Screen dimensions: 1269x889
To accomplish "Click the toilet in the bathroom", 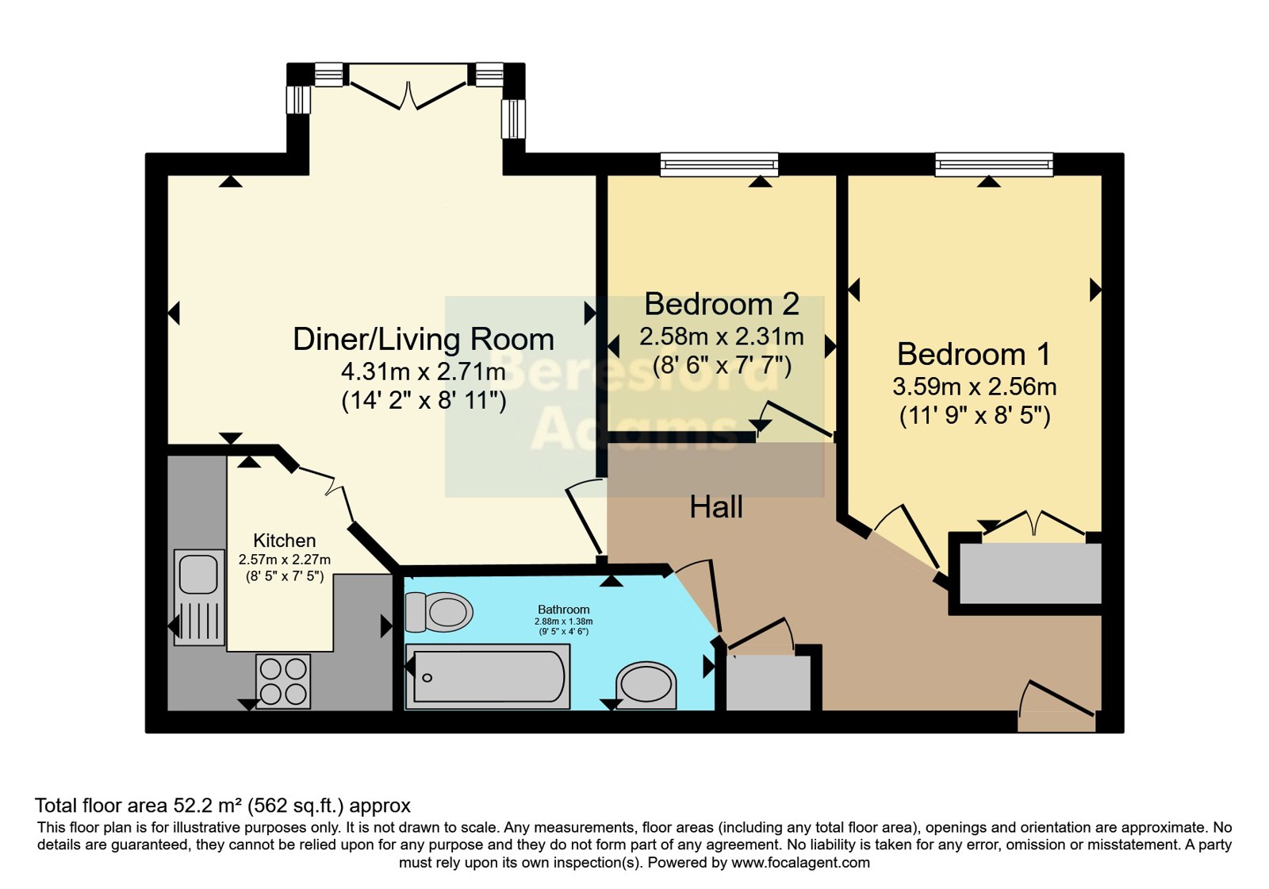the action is [x=439, y=612].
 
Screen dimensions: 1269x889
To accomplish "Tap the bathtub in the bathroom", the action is [x=488, y=676].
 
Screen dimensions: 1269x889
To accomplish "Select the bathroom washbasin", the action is [x=646, y=686].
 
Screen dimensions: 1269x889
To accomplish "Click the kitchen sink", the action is [x=199, y=597].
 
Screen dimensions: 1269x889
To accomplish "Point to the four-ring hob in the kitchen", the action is [x=283, y=682].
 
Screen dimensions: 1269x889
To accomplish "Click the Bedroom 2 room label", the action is [x=722, y=305].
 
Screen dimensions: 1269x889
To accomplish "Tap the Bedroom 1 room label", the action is [x=974, y=354].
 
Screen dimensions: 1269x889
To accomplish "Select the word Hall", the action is [x=716, y=507].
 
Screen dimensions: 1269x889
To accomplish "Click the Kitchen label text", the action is [x=285, y=541].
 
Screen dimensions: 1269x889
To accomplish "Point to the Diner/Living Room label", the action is [x=424, y=340].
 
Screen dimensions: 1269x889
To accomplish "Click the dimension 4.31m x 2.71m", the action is [x=424, y=372].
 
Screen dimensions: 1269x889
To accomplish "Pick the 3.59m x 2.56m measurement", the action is [x=975, y=387].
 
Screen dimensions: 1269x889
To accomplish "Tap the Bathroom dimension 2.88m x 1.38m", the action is [x=564, y=622].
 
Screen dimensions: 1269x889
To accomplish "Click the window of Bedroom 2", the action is [x=719, y=164].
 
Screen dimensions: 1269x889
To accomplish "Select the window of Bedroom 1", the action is [x=995, y=164].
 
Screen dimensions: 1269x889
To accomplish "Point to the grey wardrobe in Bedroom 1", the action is [x=1030, y=573].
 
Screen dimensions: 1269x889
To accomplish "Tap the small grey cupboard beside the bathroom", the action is [x=769, y=683].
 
